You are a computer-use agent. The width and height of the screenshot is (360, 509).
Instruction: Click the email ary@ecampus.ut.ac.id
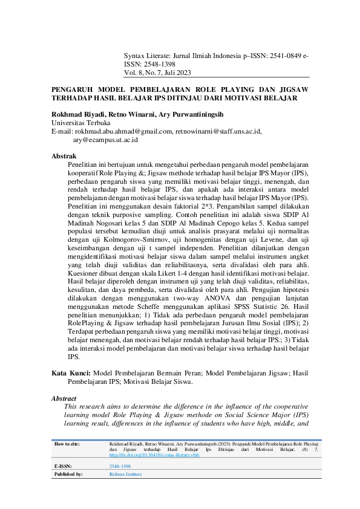tap(105, 139)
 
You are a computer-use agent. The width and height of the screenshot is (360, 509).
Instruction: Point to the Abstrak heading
tap(64, 156)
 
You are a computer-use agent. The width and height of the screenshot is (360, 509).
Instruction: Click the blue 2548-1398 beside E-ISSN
tap(119, 467)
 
